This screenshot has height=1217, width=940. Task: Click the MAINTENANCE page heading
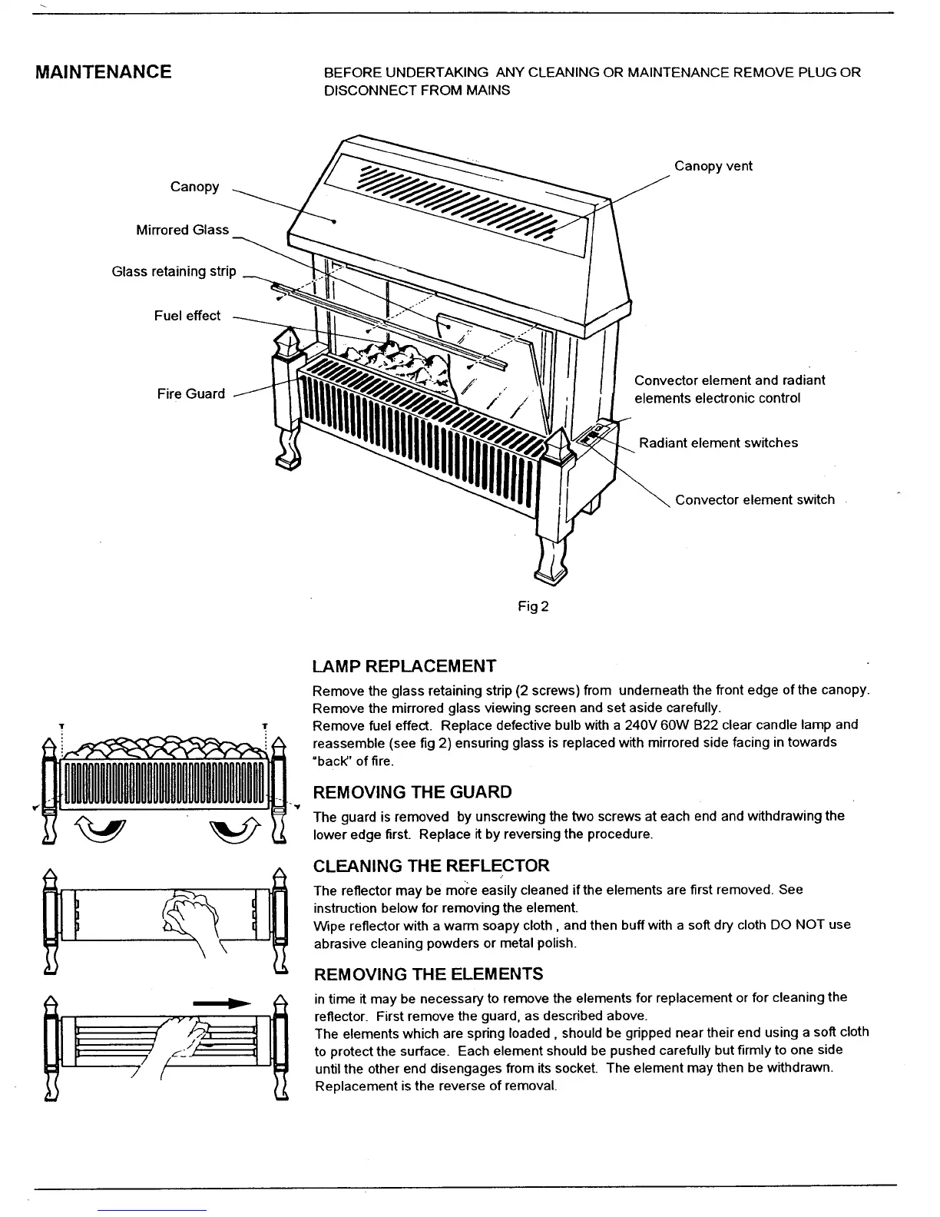[104, 72]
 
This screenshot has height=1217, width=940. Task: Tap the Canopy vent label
[713, 166]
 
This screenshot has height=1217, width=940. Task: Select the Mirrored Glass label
[182, 230]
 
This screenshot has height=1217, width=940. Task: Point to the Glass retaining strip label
[174, 271]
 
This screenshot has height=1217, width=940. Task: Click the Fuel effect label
[187, 316]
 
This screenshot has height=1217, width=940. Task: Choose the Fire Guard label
[190, 394]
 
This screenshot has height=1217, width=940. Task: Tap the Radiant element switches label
[718, 443]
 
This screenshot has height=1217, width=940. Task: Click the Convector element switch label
[754, 499]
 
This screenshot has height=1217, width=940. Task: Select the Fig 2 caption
[533, 606]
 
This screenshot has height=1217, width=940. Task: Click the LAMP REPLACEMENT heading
[404, 666]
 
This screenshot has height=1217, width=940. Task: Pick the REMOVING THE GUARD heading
[412, 792]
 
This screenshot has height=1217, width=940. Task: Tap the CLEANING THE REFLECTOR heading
[431, 866]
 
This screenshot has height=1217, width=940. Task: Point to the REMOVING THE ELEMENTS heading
[428, 974]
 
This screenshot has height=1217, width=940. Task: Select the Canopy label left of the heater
[194, 187]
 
